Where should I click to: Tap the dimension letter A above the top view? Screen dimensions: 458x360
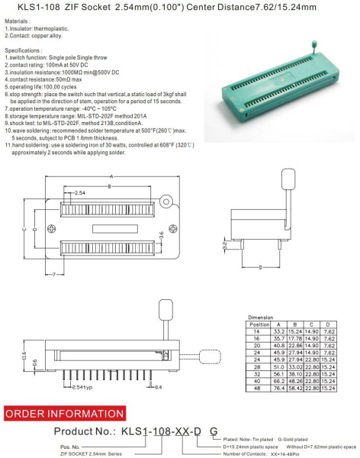click(111, 176)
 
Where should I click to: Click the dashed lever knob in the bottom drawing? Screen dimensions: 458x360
click(166, 309)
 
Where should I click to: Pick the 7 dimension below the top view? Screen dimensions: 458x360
click(56, 273)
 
